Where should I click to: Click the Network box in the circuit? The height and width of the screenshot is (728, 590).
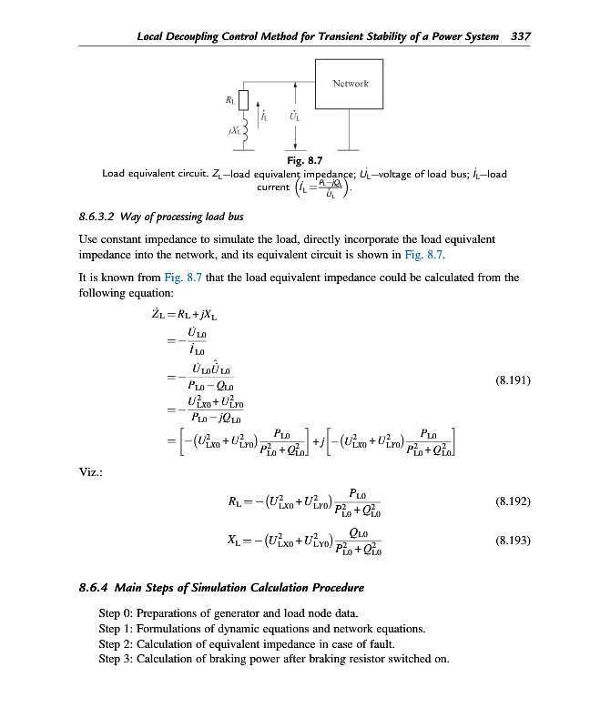[350, 85]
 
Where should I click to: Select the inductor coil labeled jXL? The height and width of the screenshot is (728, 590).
[243, 131]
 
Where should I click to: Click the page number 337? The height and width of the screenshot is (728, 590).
[521, 36]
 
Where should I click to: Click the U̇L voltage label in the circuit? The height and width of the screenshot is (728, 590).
[294, 116]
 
